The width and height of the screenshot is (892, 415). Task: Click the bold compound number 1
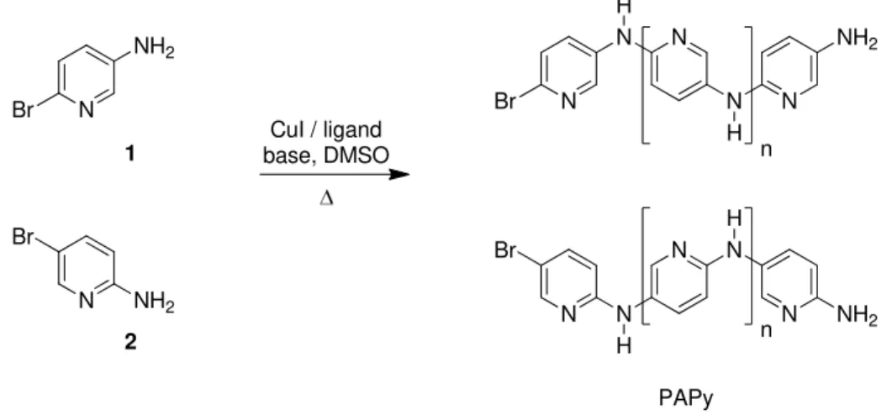click(131, 154)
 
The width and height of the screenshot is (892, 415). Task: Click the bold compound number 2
click(131, 342)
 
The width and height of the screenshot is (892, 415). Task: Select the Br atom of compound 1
click(23, 109)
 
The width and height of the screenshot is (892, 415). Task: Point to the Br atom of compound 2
click(23, 237)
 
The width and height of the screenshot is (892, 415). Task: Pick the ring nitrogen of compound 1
click(86, 110)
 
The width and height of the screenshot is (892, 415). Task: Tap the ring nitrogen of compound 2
click(86, 300)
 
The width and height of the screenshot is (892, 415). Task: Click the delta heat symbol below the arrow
click(326, 199)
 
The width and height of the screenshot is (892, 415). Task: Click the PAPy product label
click(685, 398)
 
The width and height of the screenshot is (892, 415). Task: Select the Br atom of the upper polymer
click(506, 101)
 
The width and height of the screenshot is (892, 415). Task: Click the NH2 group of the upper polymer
click(857, 39)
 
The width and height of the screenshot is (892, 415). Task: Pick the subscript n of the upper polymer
click(766, 151)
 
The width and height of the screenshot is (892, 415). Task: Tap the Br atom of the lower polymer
click(506, 250)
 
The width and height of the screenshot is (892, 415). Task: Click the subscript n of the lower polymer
click(766, 330)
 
